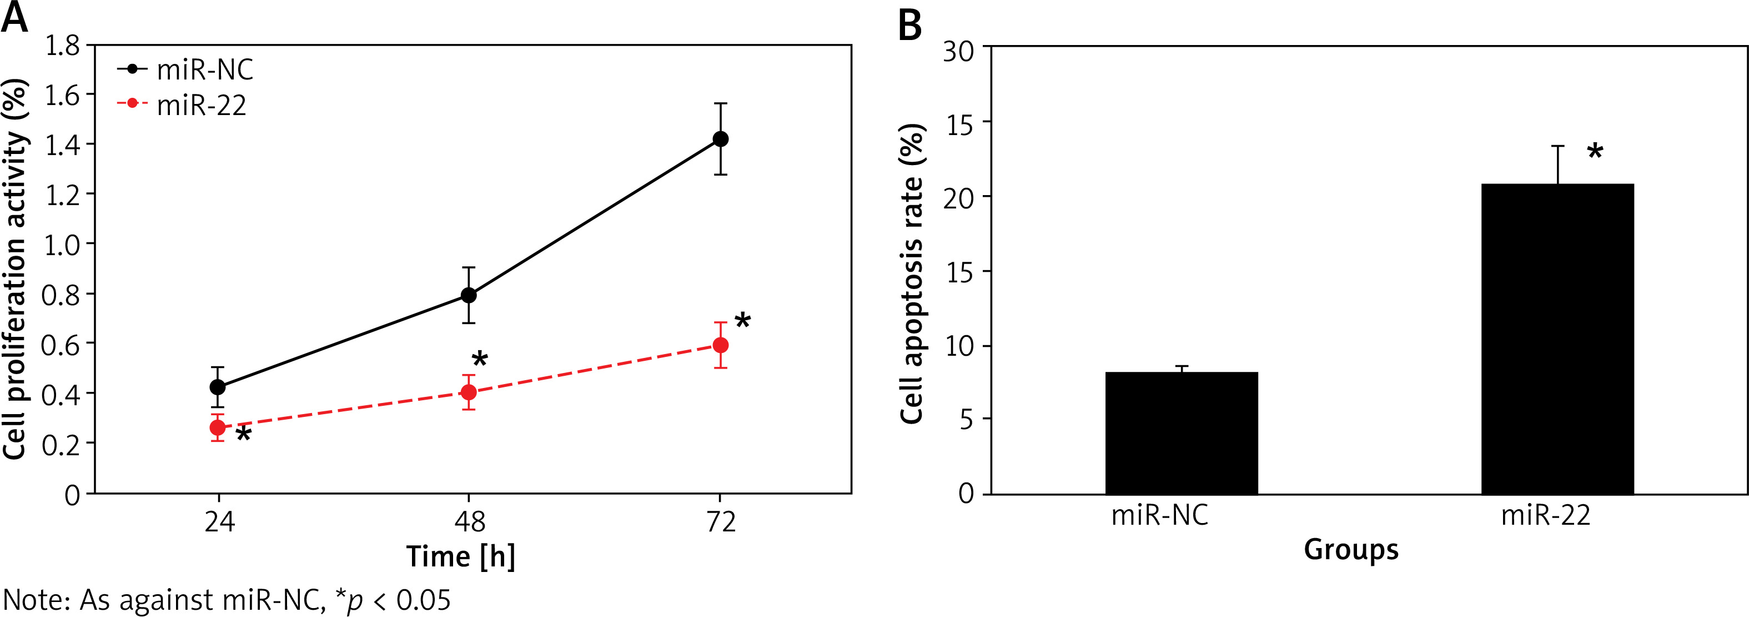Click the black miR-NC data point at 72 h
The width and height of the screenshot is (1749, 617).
pyautogui.click(x=720, y=140)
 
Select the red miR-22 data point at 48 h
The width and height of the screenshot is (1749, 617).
pyautogui.click(x=469, y=392)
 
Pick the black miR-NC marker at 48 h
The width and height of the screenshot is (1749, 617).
pyautogui.click(x=469, y=295)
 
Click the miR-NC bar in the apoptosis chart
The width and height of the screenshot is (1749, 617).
pyautogui.click(x=1182, y=433)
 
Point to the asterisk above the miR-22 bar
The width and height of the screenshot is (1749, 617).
pyautogui.click(x=1595, y=151)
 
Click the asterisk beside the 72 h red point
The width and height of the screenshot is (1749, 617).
pyautogui.click(x=743, y=321)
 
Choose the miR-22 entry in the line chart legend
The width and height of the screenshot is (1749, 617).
pyautogui.click(x=201, y=106)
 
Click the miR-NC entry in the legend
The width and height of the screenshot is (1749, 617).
pyautogui.click(x=204, y=69)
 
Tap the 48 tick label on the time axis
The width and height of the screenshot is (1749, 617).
pyautogui.click(x=469, y=522)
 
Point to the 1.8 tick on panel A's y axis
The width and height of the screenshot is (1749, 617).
pyautogui.click(x=62, y=46)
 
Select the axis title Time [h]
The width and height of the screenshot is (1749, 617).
pyautogui.click(x=461, y=556)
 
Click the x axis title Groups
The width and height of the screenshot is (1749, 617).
pyautogui.click(x=1351, y=549)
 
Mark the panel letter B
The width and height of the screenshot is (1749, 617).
pyautogui.click(x=910, y=25)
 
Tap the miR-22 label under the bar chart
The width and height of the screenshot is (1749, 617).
pyautogui.click(x=1546, y=516)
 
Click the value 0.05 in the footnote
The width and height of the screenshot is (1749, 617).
pyautogui.click(x=423, y=600)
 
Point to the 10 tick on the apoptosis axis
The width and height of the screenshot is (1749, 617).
pyautogui.click(x=959, y=346)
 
